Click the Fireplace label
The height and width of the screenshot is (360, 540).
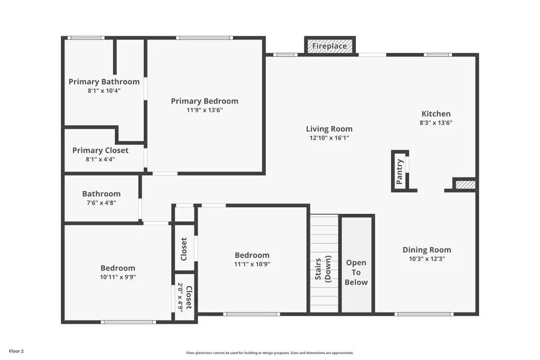(329, 46)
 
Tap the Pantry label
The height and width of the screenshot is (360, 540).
(400, 172)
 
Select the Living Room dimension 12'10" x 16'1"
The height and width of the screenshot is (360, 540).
(329, 138)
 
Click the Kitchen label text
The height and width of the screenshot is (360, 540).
(436, 114)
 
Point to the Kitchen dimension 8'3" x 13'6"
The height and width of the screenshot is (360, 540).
(436, 123)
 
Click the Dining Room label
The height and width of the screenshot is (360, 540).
(427, 250)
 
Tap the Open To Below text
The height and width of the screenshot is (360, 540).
(356, 273)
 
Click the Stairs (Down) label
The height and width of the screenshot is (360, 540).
(323, 270)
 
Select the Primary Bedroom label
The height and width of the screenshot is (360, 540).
(204, 101)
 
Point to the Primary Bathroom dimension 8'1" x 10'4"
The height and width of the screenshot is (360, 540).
(104, 91)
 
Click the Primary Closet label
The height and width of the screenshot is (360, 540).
(100, 150)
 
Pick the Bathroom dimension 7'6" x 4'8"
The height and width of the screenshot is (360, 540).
(101, 203)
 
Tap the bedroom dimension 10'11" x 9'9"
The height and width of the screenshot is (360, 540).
(118, 277)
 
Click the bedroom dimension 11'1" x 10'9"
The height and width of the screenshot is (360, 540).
(252, 264)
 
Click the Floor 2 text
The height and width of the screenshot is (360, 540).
(16, 351)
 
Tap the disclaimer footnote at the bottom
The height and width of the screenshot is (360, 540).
(270, 353)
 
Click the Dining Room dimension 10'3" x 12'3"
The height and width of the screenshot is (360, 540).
(427, 259)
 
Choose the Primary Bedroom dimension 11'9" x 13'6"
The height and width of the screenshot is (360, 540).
(204, 110)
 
